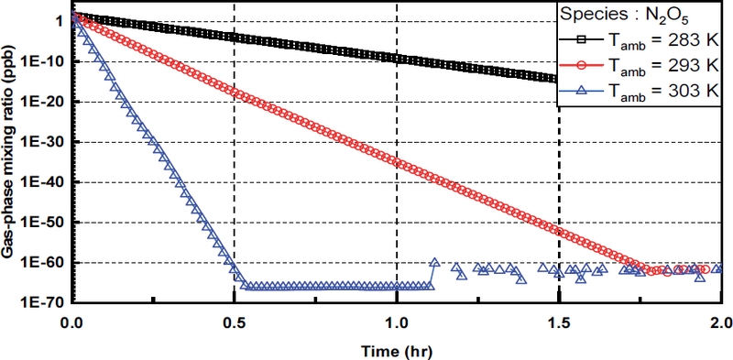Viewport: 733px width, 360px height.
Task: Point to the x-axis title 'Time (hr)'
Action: point(396,349)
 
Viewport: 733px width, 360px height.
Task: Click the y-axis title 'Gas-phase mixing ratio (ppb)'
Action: point(13,156)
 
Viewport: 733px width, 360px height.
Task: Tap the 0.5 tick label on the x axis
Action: point(235,322)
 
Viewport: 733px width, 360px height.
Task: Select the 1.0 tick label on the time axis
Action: point(397,322)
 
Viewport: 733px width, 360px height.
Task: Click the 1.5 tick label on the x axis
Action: point(559,322)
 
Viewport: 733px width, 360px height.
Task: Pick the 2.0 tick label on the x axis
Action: point(720,322)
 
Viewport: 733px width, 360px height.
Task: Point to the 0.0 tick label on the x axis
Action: point(71,322)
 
